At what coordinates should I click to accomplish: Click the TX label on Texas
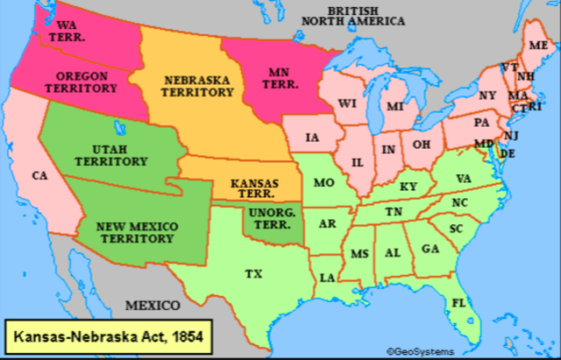click(x=253, y=274)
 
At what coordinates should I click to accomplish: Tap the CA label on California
click(x=39, y=175)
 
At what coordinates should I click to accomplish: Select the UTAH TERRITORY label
click(x=124, y=156)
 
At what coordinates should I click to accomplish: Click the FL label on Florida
click(x=458, y=303)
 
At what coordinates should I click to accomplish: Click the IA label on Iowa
click(x=313, y=138)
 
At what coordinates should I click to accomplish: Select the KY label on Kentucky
click(x=408, y=187)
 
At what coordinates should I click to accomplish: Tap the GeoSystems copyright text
click(x=421, y=351)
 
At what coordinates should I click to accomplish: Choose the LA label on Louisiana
click(x=327, y=278)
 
